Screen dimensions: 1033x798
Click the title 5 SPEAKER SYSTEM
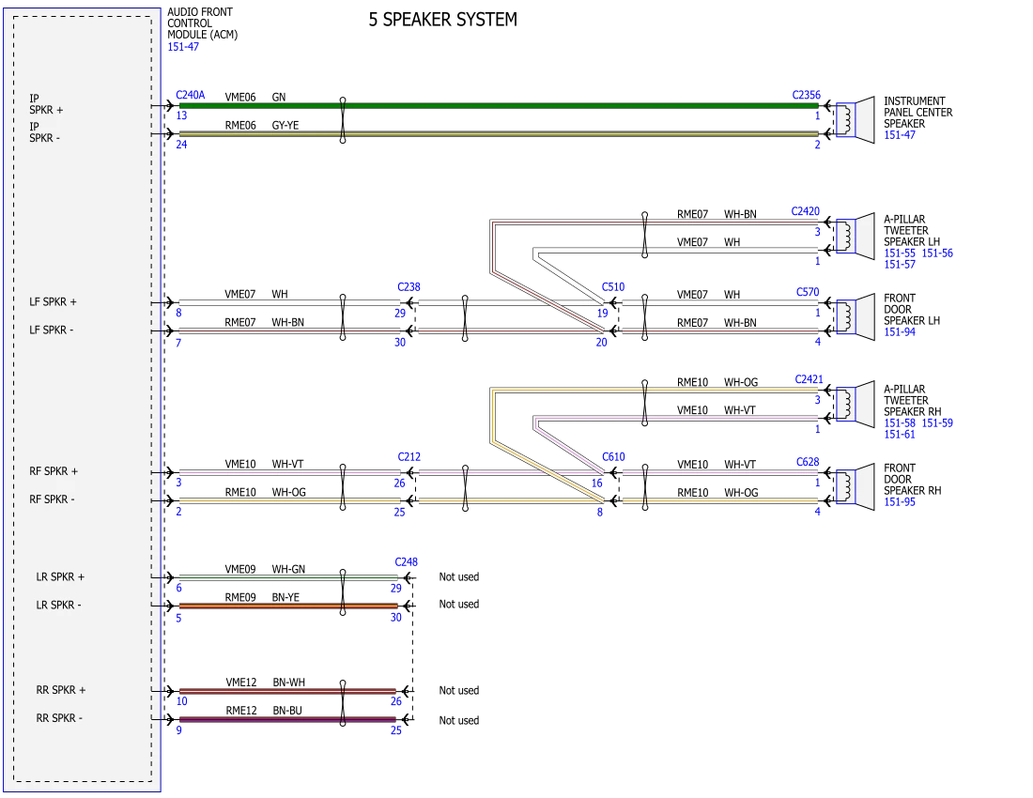[442, 20]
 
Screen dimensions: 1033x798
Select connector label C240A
[191, 95]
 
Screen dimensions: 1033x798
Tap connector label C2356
[807, 95]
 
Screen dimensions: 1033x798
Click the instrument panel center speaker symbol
[856, 119]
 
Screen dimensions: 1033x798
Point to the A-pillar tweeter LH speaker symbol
[856, 236]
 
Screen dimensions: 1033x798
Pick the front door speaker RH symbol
[856, 486]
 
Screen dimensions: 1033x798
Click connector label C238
[409, 287]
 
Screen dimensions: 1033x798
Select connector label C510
[612, 287]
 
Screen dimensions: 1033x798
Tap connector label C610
[613, 457]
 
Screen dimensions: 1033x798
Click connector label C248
[406, 562]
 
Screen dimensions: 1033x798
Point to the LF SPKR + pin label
[53, 302]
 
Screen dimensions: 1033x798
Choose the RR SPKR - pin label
[59, 718]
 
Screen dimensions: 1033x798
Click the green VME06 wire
[499, 105]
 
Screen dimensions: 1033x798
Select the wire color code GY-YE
[285, 125]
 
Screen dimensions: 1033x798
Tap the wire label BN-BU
[287, 711]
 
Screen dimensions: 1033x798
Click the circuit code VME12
[241, 683]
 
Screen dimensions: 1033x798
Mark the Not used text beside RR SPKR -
[459, 720]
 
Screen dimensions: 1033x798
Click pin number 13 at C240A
[181, 115]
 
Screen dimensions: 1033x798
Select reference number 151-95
[900, 502]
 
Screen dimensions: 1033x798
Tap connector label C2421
[809, 379]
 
